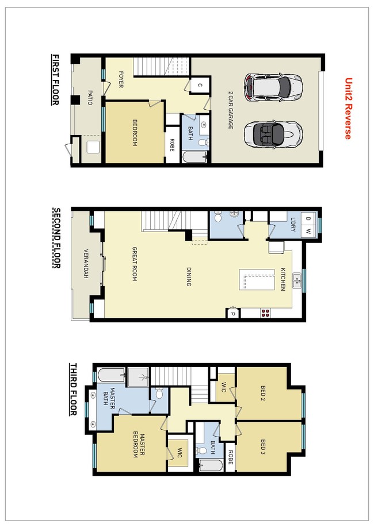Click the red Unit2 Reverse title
[x=348, y=109]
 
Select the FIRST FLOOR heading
[x=55, y=80]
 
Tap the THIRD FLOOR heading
[x=73, y=390]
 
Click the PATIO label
[x=90, y=97]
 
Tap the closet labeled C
[x=199, y=86]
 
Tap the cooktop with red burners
[x=266, y=313]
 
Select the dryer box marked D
[x=308, y=218]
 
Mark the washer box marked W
[x=308, y=232]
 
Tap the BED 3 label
[x=263, y=446]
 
